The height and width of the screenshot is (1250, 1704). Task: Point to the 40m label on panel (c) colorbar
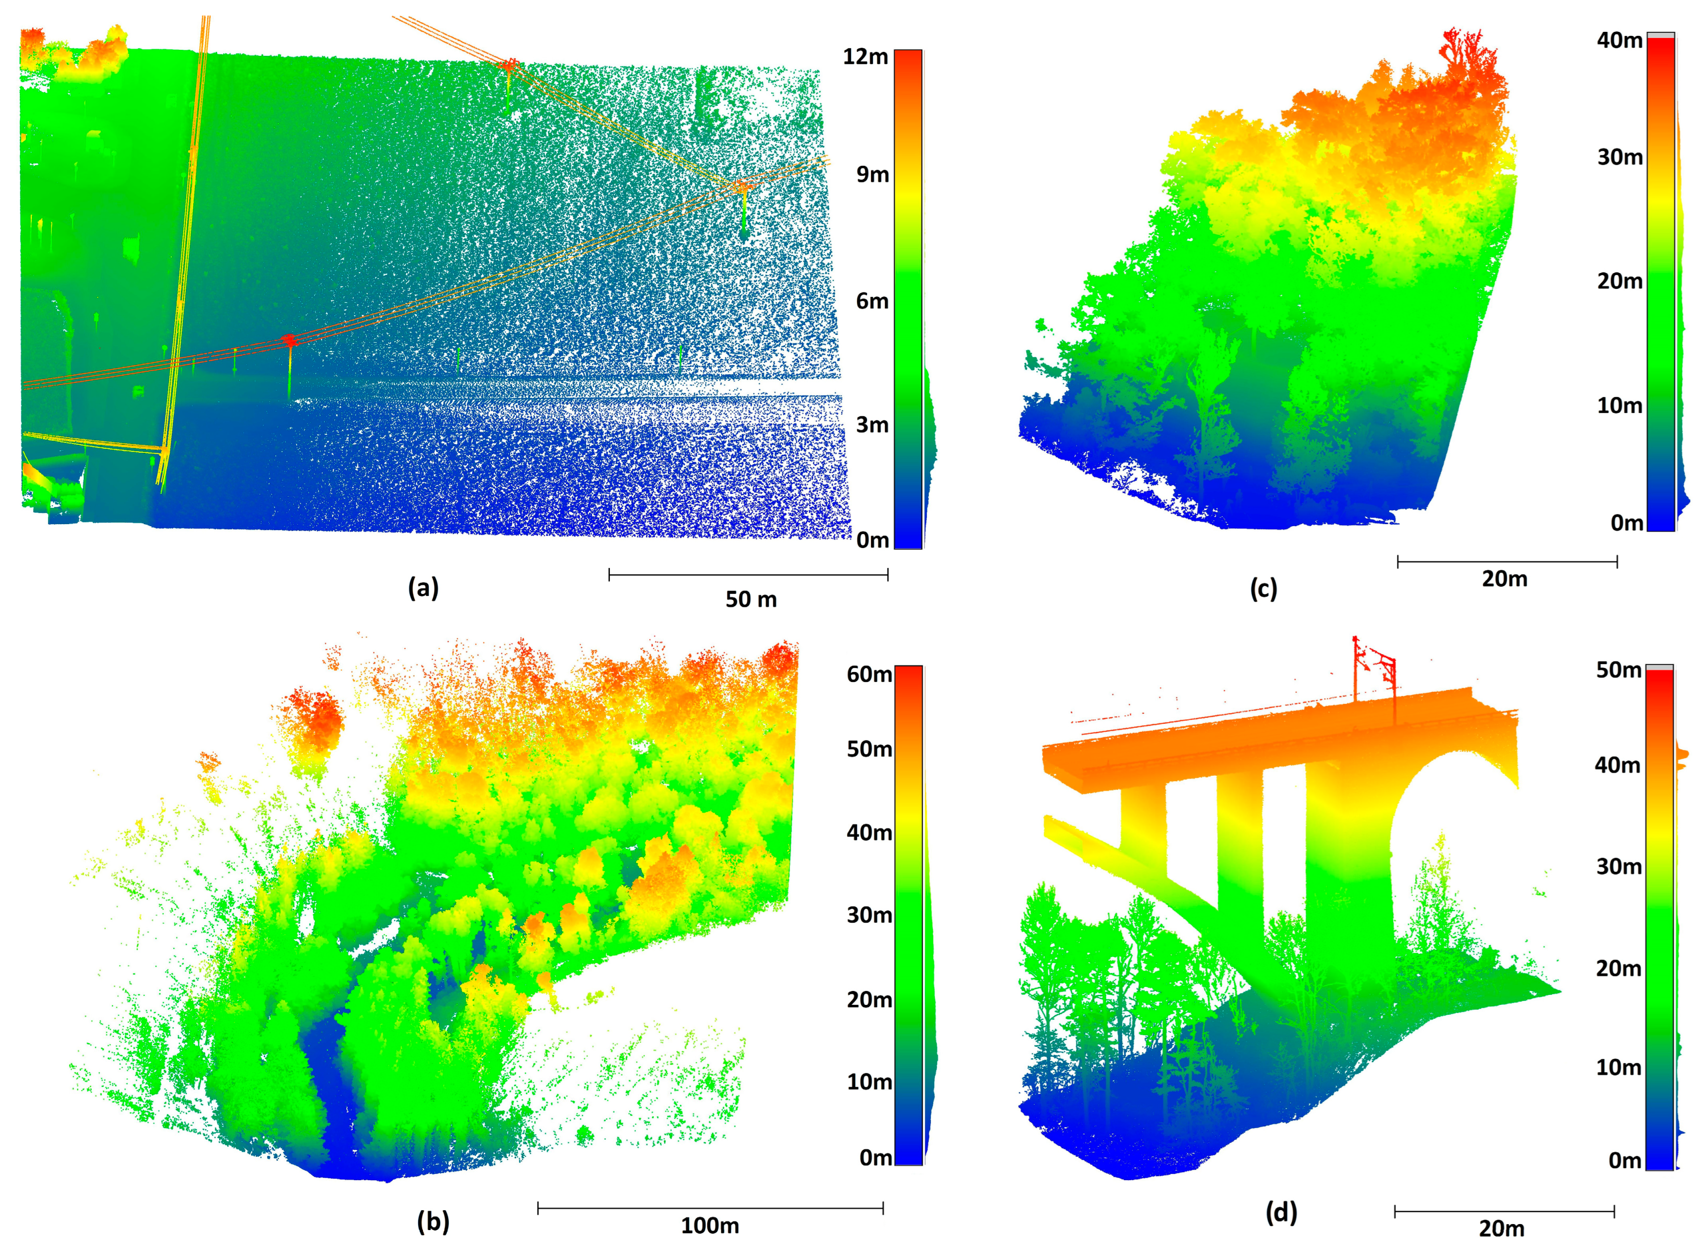click(1619, 40)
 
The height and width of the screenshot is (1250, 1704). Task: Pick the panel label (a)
click(423, 588)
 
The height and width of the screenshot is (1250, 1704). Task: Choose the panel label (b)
click(433, 1221)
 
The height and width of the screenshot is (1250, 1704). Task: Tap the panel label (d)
click(1281, 1213)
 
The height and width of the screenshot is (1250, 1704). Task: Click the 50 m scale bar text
click(751, 599)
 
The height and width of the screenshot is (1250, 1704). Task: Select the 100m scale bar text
click(710, 1226)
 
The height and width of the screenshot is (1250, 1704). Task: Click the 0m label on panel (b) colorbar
click(875, 1158)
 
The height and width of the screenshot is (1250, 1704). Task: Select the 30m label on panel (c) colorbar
click(1619, 157)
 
